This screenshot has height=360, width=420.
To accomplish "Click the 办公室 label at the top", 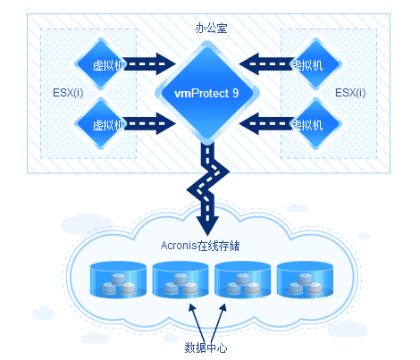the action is point(211,29).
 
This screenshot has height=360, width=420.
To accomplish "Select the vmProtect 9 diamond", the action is point(207,93).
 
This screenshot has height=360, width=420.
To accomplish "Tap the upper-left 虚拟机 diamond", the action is point(101,64).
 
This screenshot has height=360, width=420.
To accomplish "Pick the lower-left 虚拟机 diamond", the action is point(101,123).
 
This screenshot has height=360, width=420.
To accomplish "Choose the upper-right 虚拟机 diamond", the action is point(315,64).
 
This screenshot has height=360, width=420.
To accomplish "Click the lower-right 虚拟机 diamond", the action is point(315,123).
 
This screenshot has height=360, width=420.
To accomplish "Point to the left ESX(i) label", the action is point(68,93).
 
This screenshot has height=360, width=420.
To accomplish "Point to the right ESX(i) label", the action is point(350,93).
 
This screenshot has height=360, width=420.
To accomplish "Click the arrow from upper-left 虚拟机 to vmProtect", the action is point(150,64).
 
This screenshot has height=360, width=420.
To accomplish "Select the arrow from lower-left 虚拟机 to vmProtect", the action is point(150,123).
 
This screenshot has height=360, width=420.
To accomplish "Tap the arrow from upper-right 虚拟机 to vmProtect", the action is point(266,64).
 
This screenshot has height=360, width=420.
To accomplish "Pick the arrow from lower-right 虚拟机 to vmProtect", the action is point(266,123).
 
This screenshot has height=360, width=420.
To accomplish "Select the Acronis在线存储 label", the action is point(200,246).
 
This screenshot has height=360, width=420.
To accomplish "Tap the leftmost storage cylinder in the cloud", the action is point(118,280).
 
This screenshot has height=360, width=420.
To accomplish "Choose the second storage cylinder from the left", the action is point(181,280).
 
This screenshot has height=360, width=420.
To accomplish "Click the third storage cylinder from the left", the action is point(243,280).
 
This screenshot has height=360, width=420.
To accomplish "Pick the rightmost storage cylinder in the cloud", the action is point(305,280).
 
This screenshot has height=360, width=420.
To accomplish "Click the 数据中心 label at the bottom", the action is point(206,347).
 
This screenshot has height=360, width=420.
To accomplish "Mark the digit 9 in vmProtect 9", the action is point(236,94).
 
